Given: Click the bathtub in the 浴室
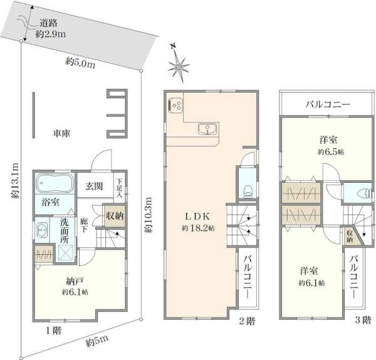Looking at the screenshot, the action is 55,183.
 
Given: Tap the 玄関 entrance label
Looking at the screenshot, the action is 95,186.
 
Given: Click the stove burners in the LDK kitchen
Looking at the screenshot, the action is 175,106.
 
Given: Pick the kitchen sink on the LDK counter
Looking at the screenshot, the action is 208,129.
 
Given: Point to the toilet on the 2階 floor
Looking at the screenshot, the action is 248,192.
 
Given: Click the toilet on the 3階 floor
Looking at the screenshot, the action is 363,193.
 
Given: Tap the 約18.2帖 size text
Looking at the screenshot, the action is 198,228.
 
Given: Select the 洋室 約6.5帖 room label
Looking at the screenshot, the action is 331,145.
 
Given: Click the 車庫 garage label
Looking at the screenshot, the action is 61,133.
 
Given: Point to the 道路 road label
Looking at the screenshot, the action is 48,23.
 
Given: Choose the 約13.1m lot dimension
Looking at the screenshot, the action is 15,180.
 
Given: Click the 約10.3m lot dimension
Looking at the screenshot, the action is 148,215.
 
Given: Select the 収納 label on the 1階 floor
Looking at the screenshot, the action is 115,216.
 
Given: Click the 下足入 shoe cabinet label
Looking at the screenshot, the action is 120,188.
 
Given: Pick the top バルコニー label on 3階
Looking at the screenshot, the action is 328,105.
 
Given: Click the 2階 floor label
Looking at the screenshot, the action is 248,321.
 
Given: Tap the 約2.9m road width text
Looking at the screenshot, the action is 51,34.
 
